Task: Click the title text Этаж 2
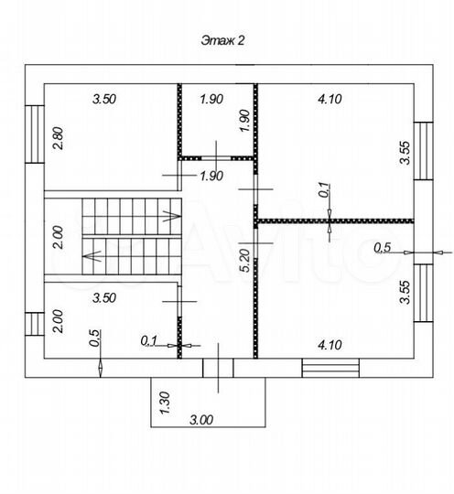pyautogui.click(x=222, y=40)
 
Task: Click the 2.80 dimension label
pyautogui.click(x=59, y=137)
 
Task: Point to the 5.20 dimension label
pyautogui.click(x=244, y=261)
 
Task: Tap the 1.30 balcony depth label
pyautogui.click(x=165, y=403)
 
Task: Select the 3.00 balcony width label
pyautogui.click(x=201, y=420)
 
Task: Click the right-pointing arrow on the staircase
pyautogui.click(x=172, y=216)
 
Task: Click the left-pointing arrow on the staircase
pyautogui.click(x=92, y=255)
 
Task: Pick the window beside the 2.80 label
pyautogui.click(x=35, y=134)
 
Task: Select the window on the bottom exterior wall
pyautogui.click(x=330, y=368)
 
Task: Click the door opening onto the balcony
pyautogui.click(x=218, y=368)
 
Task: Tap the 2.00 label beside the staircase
pyautogui.click(x=59, y=237)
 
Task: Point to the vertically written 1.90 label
pyautogui.click(x=244, y=121)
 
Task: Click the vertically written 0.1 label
pyautogui.click(x=324, y=190)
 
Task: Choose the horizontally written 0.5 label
pyautogui.click(x=383, y=248)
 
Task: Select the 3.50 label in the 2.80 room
pyautogui.click(x=104, y=99)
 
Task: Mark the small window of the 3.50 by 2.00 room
pyautogui.click(x=35, y=324)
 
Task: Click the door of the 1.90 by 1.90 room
pyautogui.click(x=216, y=158)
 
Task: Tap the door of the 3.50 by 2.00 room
pyautogui.click(x=179, y=301)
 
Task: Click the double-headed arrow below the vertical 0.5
pyautogui.click(x=101, y=368)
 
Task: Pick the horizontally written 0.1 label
pyautogui.click(x=149, y=340)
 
